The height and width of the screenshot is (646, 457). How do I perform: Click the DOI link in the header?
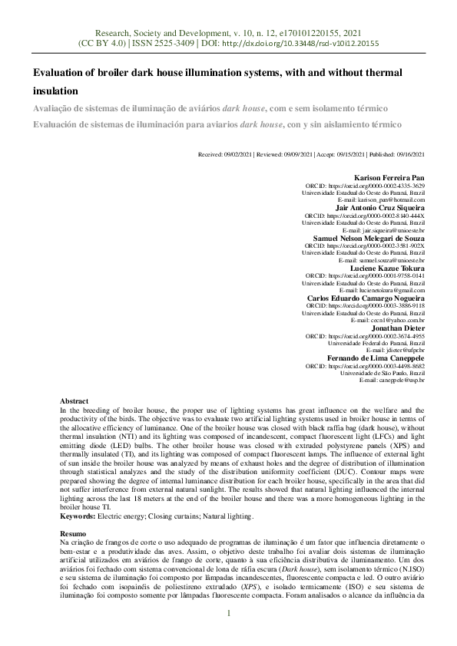[x=300, y=44]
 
